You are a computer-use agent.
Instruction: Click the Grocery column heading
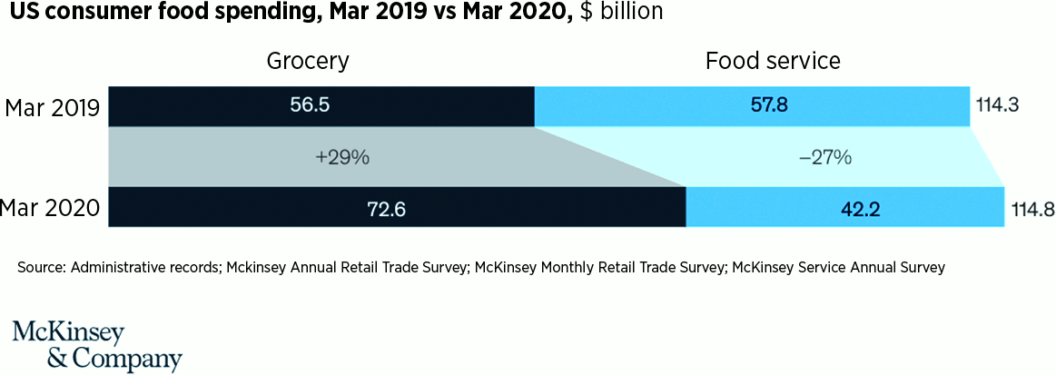tap(309, 62)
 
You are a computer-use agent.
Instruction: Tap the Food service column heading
tap(773, 61)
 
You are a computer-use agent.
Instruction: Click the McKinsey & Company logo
tap(97, 345)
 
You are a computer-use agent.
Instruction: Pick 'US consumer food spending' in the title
tap(152, 13)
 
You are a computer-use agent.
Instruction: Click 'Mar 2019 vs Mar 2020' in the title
tap(434, 12)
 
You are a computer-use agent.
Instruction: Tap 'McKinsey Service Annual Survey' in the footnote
tap(838, 268)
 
